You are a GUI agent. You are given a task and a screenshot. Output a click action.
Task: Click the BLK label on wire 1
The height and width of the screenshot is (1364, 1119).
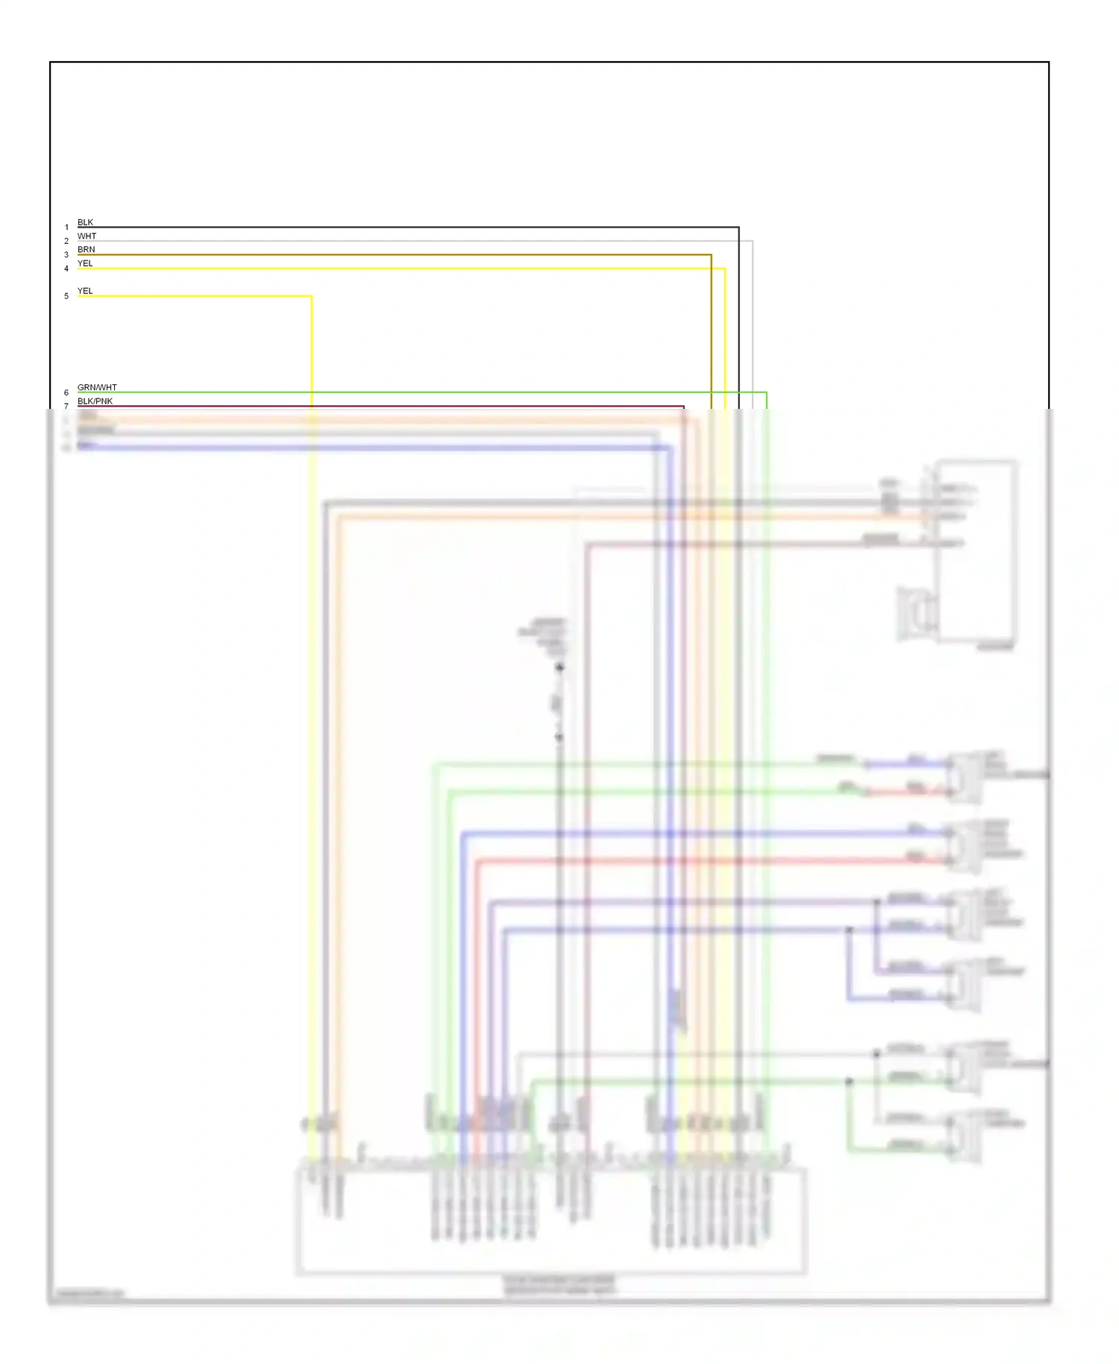(85, 222)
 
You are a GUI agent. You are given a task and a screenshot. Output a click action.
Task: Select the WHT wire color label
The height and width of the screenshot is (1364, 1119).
(87, 236)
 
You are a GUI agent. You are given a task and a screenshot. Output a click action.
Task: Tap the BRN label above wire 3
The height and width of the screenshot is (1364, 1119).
(86, 249)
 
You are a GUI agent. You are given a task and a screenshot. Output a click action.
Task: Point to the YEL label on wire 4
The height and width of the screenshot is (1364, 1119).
(85, 263)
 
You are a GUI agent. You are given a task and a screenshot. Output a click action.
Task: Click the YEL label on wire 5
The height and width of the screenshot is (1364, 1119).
(85, 291)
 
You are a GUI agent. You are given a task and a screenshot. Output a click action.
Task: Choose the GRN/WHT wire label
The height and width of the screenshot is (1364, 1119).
(97, 387)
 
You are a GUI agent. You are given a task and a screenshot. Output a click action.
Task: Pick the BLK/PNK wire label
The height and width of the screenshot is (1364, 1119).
(95, 401)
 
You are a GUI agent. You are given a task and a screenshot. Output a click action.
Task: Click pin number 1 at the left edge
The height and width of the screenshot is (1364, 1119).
(66, 228)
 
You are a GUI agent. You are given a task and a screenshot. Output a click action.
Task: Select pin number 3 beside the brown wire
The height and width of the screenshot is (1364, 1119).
(66, 255)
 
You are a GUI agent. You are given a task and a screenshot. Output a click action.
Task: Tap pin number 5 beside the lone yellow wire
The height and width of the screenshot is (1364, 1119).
(66, 296)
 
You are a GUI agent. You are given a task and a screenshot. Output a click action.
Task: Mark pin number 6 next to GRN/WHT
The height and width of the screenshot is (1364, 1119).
(66, 392)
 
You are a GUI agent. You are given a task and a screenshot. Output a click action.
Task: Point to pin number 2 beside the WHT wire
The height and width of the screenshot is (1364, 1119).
(66, 241)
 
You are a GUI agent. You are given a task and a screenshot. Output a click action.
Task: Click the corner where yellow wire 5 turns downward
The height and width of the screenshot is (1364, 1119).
(311, 296)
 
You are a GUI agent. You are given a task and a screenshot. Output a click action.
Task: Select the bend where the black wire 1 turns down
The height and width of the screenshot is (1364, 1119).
(739, 228)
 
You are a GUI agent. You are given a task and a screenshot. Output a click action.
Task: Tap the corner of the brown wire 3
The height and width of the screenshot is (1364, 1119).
(711, 254)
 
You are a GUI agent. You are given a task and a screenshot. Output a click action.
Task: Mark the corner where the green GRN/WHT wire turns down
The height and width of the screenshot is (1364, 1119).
(766, 392)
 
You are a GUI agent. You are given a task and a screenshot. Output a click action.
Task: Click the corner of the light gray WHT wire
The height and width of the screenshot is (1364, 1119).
(752, 241)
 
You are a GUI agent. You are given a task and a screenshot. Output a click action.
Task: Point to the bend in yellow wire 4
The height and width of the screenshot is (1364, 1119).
(724, 269)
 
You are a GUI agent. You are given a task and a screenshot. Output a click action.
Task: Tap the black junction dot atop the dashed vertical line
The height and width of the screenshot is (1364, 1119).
(559, 667)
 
